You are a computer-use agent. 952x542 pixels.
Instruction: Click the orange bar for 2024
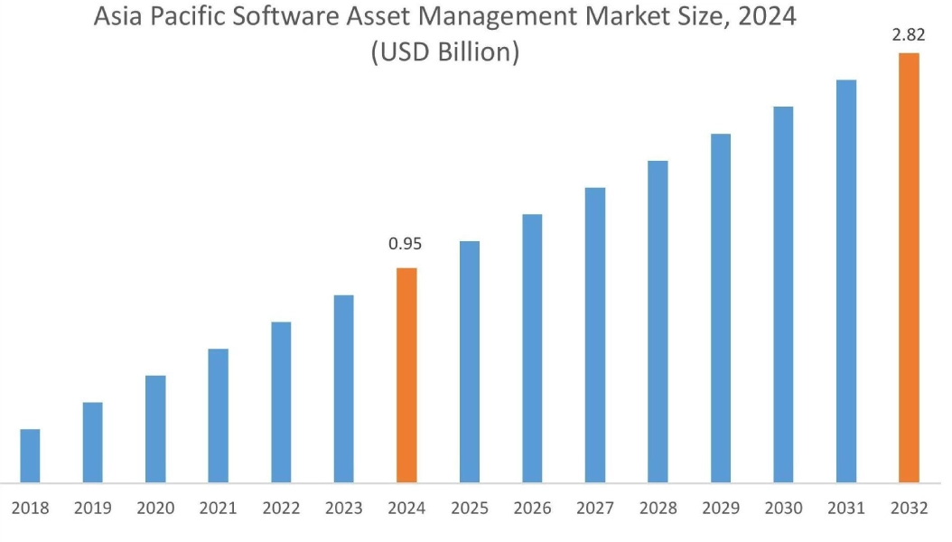(x=406, y=375)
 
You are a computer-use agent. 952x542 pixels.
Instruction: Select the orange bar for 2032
(x=909, y=267)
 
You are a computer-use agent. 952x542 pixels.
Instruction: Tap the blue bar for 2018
(x=30, y=455)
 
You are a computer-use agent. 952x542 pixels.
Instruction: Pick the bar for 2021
(x=218, y=416)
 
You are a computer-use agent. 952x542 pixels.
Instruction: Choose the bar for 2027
(x=594, y=335)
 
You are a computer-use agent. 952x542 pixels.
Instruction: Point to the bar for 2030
(x=783, y=294)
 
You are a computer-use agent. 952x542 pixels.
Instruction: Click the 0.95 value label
(x=406, y=244)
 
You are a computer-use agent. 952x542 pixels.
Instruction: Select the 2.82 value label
(x=908, y=35)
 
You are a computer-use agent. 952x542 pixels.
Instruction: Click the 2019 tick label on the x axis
(x=93, y=509)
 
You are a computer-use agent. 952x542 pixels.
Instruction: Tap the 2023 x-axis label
(x=343, y=509)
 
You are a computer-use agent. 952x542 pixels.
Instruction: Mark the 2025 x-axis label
(x=469, y=509)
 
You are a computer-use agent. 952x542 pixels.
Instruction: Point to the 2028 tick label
(x=658, y=509)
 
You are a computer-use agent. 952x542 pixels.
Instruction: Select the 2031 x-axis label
(x=845, y=509)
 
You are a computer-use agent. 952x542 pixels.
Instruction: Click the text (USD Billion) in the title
(x=445, y=51)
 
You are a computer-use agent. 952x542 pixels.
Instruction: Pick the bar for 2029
(x=720, y=308)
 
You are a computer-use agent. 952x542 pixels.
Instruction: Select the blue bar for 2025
(x=469, y=361)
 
